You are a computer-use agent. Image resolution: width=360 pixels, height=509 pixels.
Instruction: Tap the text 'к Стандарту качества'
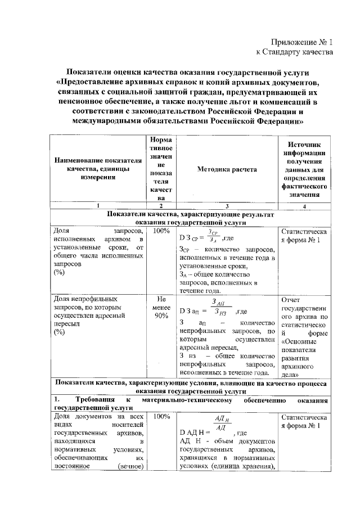tap(294, 52)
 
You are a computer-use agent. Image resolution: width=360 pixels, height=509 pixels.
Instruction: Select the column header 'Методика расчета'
tap(227, 169)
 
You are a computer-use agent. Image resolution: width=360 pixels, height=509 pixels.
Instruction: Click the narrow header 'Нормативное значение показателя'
tap(161, 169)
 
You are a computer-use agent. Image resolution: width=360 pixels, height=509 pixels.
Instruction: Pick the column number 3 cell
tap(227, 206)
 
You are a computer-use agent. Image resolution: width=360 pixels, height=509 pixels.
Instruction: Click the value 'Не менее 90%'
tap(161, 308)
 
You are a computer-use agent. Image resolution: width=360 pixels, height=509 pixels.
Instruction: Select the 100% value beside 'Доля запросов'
tap(161, 231)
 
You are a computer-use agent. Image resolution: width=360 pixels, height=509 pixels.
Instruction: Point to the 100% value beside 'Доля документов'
tap(161, 417)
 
